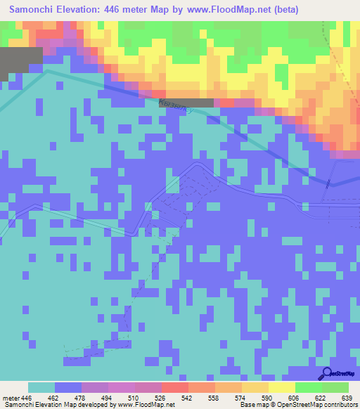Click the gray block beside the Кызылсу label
[x=200, y=103]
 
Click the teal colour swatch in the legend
[x=41, y=387]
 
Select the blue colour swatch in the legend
[x=68, y=387]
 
